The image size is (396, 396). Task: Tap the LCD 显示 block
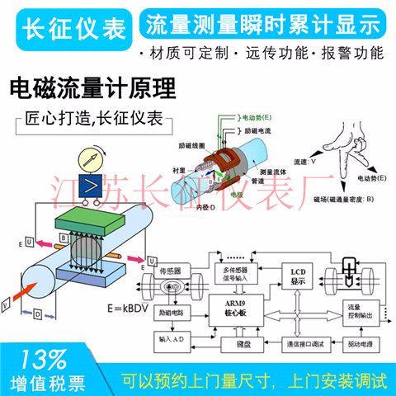click(x=298, y=276)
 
